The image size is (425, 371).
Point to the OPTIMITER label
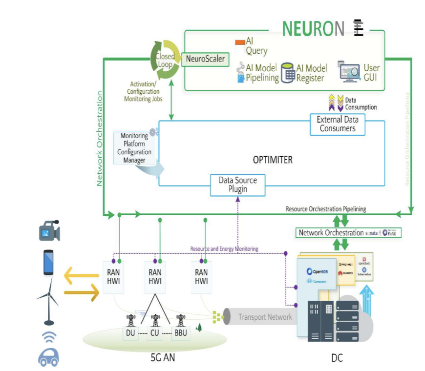(x=273, y=160)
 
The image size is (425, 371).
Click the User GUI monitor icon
(x=350, y=73)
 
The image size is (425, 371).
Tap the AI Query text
(x=256, y=46)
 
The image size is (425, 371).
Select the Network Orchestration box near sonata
(x=331, y=233)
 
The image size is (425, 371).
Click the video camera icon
(x=49, y=230)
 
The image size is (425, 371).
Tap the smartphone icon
(x=49, y=262)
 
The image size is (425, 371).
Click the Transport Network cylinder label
(x=265, y=317)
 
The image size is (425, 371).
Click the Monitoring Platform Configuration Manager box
(x=134, y=148)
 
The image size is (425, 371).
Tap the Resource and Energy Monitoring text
(x=224, y=249)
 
